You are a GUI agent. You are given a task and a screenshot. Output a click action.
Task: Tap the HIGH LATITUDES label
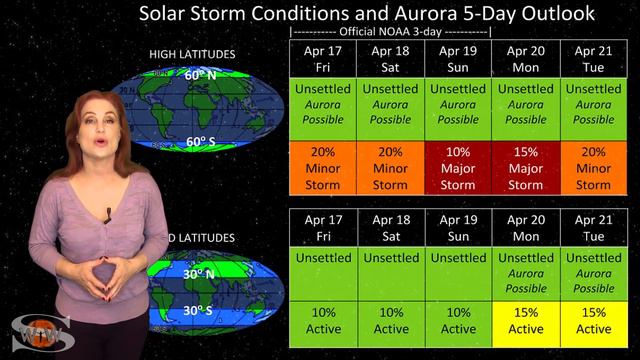click(191, 53)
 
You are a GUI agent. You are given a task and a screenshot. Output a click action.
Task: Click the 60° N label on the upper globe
click(198, 75)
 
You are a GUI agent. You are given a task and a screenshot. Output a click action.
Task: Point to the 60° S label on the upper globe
click(198, 142)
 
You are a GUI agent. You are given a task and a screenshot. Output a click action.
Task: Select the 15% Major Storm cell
click(526, 167)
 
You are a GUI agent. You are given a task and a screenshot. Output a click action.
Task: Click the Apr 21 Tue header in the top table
click(594, 57)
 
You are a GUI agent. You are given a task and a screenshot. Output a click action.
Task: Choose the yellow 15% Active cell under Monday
click(526, 320)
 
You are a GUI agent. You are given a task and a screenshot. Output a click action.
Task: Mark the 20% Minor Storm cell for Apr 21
click(594, 167)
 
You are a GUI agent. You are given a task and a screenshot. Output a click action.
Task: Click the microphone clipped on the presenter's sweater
click(108, 214)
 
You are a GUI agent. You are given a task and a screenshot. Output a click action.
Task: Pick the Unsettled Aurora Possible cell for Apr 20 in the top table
click(526, 104)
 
